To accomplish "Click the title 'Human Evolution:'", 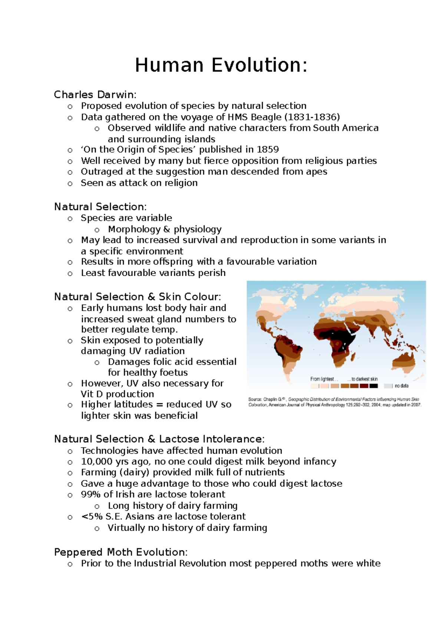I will point(221,65).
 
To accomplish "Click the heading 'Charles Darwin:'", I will point(95,95).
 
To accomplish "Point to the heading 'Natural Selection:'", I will point(100,207).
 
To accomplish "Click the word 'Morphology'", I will point(134,229).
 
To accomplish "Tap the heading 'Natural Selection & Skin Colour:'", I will point(138,297).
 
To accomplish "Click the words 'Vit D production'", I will point(117,394).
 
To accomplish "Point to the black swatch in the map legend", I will point(373,386).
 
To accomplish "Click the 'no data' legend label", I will point(401,386).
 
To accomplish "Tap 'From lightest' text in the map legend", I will point(322,379).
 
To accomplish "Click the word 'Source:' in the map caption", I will point(255,400).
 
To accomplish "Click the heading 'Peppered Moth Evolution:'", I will point(121,552).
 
